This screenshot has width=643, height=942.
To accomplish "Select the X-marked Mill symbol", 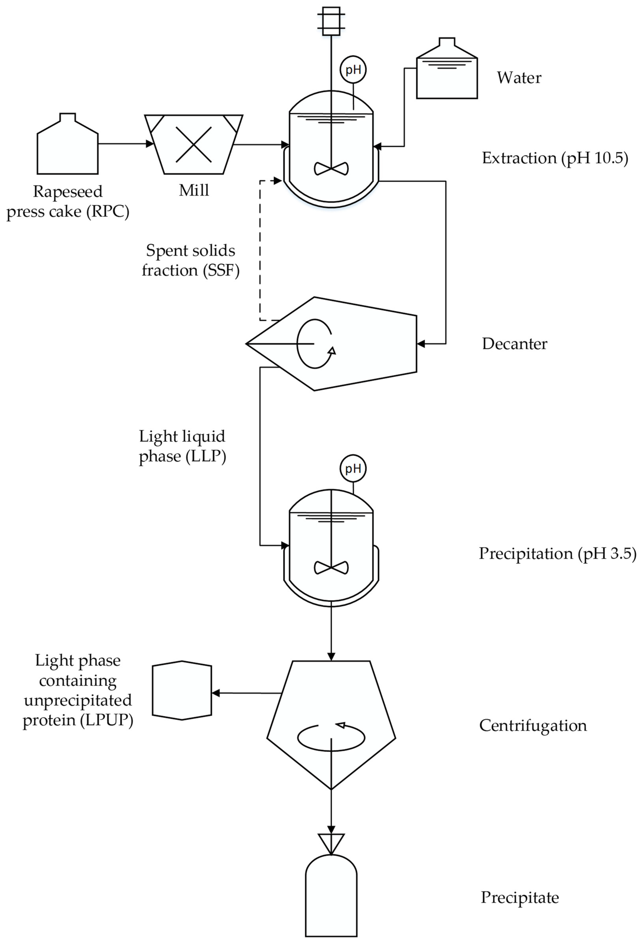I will (194, 144).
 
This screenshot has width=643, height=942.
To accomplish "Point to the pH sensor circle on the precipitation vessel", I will (353, 469).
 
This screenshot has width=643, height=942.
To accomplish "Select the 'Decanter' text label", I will (514, 344).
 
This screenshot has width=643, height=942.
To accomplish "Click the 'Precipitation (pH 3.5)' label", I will (557, 553).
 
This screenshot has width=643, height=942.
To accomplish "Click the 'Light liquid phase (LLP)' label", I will (182, 446).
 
